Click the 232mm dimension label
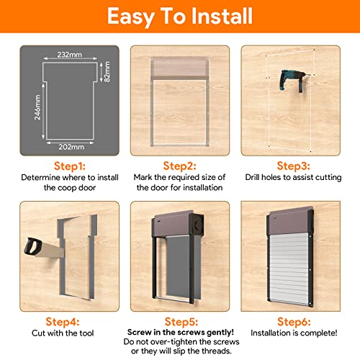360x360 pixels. pos(69,55)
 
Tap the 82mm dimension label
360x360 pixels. pos(107,71)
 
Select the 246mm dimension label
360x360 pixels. pos(37,107)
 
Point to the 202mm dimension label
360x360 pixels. pos(71,147)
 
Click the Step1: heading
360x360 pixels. pos(70,166)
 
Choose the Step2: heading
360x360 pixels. pos(179,166)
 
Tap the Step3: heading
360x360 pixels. pos(293,166)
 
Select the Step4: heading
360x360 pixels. pos(63,322)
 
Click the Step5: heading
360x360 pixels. pos(181,322)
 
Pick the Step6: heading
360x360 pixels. pos(294,322)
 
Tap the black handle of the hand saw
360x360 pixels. pos(33,246)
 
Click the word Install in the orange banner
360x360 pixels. pos(221,16)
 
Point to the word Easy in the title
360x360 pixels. pos(130,17)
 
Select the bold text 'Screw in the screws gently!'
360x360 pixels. pos(181,333)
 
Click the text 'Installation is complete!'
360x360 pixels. pos(294,333)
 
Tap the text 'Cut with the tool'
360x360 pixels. pos(63,333)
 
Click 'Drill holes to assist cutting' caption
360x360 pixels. pos(293,177)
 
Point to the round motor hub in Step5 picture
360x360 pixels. pos(197,224)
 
